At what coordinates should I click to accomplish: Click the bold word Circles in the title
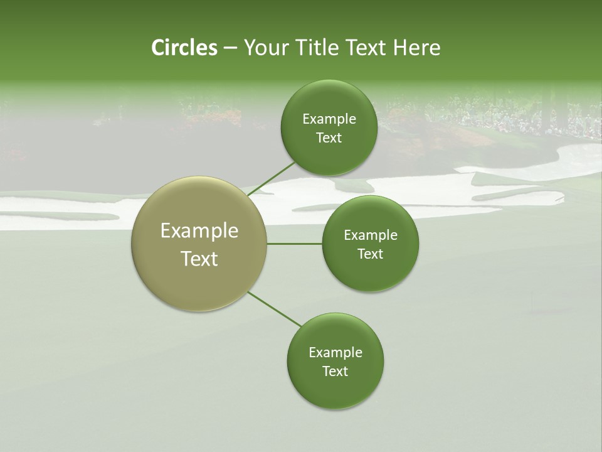(184, 48)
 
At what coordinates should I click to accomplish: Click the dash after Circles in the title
(230, 48)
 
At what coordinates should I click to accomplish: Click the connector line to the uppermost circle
(271, 178)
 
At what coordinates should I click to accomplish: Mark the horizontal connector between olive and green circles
(295, 244)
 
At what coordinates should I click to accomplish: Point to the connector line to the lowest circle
(274, 309)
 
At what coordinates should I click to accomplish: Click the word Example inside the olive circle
(199, 231)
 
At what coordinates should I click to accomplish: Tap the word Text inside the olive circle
(199, 259)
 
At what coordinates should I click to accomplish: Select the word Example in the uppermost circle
(329, 119)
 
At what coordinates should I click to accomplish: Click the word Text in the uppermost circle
(329, 138)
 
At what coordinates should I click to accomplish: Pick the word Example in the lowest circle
(335, 352)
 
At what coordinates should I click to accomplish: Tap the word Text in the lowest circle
(335, 371)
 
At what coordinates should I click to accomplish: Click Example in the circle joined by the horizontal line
(370, 235)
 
